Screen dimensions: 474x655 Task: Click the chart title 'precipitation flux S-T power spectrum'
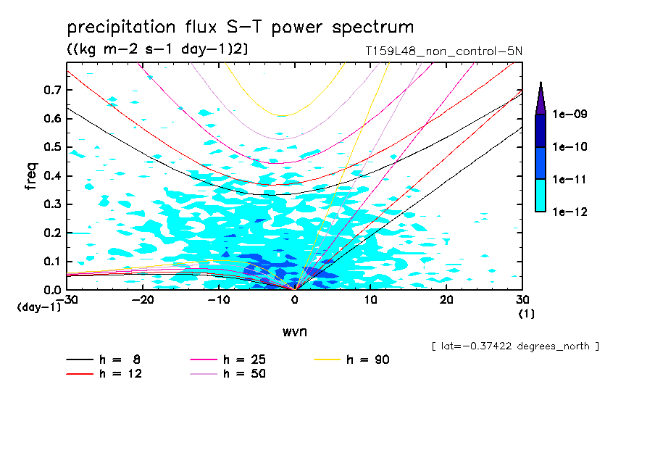pos(241,28)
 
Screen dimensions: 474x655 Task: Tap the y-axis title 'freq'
pos(31,176)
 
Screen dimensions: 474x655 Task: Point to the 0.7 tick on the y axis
pos(50,90)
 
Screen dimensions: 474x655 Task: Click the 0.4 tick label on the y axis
pos(50,176)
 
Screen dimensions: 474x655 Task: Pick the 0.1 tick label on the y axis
pos(50,262)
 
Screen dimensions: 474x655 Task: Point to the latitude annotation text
pos(514,346)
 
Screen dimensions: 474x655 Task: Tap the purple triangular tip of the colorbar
pos(541,98)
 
